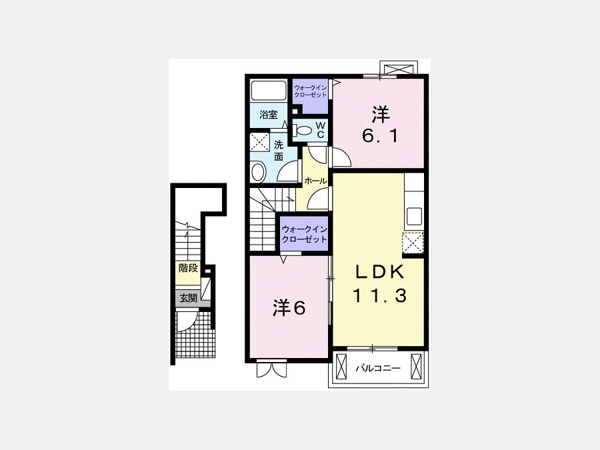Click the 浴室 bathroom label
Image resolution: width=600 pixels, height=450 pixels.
[268, 115]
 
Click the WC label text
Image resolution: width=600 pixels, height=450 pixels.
[321, 130]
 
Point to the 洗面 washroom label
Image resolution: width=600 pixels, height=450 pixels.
[279, 151]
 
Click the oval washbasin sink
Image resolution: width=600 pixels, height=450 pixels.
[259, 172]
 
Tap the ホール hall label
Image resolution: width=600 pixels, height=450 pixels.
[316, 181]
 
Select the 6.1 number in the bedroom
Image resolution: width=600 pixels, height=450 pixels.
[381, 136]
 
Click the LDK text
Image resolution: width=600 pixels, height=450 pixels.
[380, 272]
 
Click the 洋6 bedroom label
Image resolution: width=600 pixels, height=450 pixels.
[289, 308]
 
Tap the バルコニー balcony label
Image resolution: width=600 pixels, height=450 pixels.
[378, 369]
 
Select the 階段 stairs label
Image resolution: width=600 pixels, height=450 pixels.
[188, 268]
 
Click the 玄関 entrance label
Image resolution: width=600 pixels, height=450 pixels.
[189, 298]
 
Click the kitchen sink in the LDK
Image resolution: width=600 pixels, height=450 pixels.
[414, 216]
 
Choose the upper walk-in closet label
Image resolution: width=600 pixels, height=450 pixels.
[310, 91]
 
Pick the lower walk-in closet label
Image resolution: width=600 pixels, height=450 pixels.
[304, 235]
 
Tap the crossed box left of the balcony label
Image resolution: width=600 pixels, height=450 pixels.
[341, 365]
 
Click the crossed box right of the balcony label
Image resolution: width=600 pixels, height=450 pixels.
[416, 365]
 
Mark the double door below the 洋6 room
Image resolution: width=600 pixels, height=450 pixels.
[271, 369]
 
